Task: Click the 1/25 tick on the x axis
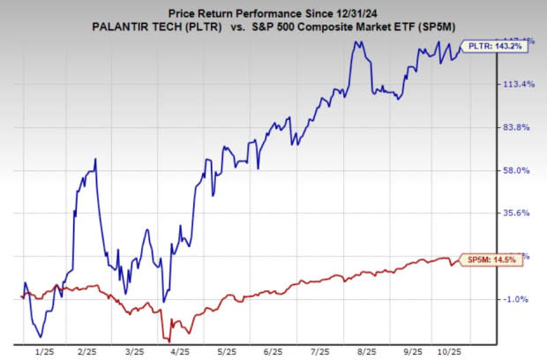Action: [x=42, y=350]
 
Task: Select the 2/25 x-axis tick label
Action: [x=86, y=350]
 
